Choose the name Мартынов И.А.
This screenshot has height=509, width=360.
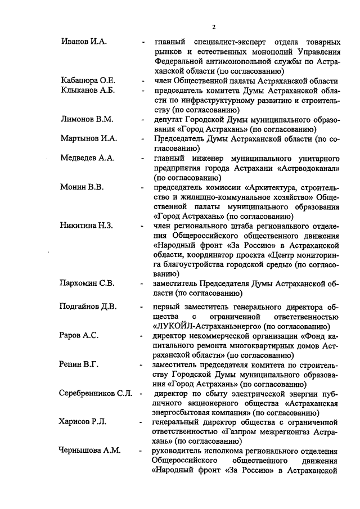point(88,138)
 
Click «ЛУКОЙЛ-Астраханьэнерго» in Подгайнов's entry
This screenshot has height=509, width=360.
point(209,326)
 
